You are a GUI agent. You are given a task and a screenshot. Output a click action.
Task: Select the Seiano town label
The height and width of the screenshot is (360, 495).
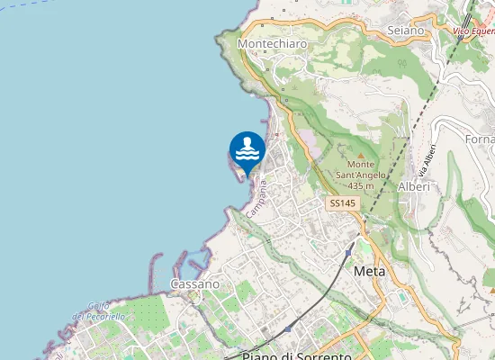coord(405,31)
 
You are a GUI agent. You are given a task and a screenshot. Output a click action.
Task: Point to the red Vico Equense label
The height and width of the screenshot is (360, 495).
coord(473,32)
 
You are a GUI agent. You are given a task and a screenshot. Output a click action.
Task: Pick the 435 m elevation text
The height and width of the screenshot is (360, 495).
coord(361,185)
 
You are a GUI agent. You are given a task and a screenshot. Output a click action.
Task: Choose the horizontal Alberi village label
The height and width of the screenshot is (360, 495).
coord(413,186)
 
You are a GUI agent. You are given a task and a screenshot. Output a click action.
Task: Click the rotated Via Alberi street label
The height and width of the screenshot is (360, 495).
coord(427,159)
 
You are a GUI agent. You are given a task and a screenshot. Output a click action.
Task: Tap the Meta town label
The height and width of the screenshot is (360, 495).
coord(370,270)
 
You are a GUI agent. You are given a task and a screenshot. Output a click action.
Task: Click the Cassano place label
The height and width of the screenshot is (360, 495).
coord(194,283)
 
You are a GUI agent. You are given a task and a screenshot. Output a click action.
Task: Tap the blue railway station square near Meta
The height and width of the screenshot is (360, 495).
coord(347,253)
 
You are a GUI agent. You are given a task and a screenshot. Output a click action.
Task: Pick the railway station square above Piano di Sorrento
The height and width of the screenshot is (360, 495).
coord(287,329)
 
